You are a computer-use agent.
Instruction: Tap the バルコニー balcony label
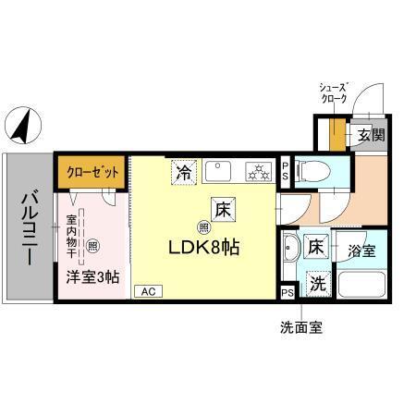coord(29,226)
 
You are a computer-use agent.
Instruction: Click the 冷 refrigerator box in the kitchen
coord(185,172)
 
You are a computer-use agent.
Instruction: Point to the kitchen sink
coord(221,171)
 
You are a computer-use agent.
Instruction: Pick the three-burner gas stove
coord(257,171)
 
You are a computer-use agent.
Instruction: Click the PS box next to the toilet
coord(285,169)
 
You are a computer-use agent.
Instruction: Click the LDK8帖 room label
coord(219,248)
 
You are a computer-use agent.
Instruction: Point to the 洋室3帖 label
coord(92,275)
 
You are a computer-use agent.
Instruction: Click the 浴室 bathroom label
coord(361,250)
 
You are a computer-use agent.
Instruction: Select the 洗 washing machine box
coord(317,284)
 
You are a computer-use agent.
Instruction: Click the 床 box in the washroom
coord(316,248)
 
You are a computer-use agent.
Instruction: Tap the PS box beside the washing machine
coord(288,292)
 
